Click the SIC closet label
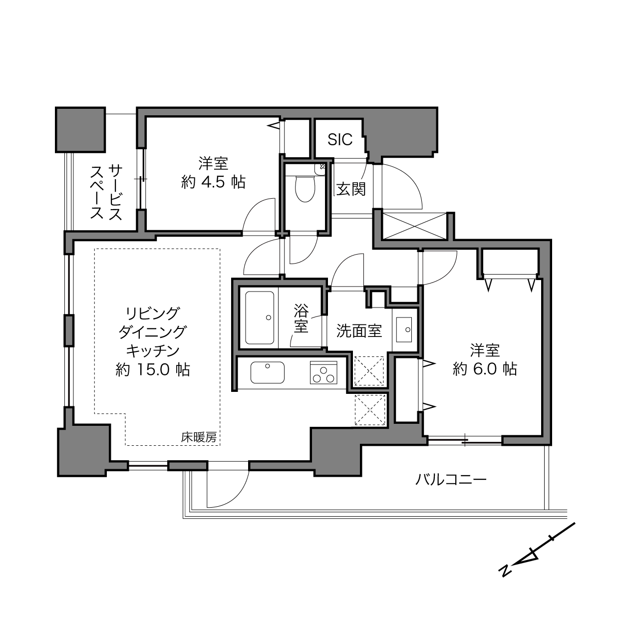339,139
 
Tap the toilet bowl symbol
305,188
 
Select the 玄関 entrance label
351,189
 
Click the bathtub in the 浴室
260,317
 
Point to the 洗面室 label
359,330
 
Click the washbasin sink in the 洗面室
404,329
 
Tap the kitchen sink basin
267,372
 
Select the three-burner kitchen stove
323,372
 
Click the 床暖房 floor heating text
199,437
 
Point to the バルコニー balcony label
451,479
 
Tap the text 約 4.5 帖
213,182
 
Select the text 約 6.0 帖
485,369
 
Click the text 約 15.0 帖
152,369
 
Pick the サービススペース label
106,192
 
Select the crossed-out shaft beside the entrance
414,226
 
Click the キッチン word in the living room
152,350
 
